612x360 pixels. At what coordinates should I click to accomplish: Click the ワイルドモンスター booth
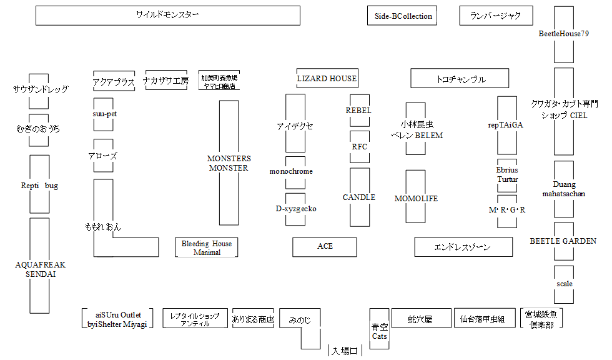167,16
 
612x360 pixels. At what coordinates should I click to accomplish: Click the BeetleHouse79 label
563,34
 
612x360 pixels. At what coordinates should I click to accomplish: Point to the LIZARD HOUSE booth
327,79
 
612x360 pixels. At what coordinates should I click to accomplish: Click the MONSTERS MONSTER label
229,163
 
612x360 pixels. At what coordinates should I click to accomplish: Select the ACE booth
325,246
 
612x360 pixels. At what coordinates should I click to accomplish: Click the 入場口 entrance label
344,351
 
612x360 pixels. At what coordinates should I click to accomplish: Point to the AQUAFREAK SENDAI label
40,269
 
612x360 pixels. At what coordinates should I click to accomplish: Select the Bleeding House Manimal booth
207,247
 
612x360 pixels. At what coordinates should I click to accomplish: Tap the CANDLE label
359,197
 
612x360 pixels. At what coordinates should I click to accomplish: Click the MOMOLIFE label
416,199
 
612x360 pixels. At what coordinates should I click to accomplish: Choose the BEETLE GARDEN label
563,241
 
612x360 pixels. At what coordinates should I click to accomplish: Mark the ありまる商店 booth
253,319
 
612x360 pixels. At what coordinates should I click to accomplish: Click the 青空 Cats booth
379,331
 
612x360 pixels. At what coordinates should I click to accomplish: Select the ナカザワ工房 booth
165,81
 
